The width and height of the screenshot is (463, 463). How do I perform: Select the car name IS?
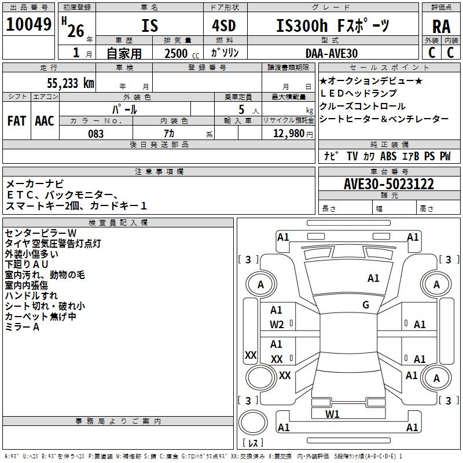pyautogui.click(x=149, y=26)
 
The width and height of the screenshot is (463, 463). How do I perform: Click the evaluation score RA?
pyautogui.click(x=442, y=27)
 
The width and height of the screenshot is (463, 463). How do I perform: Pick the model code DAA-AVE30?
pyautogui.click(x=332, y=53)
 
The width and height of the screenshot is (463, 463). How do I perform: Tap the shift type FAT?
pyautogui.click(x=16, y=120)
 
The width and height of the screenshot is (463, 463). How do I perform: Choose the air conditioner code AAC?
pyautogui.click(x=45, y=120)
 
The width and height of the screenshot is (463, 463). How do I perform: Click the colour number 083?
pyautogui.click(x=96, y=134)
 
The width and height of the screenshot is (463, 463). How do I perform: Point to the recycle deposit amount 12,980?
pyautogui.click(x=288, y=134)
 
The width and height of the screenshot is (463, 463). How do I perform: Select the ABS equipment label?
pyautogui.click(x=388, y=156)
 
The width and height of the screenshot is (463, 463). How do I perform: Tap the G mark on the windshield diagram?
pyautogui.click(x=366, y=305)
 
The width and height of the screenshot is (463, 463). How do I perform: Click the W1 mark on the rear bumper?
pyautogui.click(x=332, y=414)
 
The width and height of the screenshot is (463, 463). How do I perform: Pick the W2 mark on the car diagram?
pyautogui.click(x=277, y=325)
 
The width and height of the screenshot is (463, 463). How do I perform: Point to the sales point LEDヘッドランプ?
pyautogui.click(x=358, y=93)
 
